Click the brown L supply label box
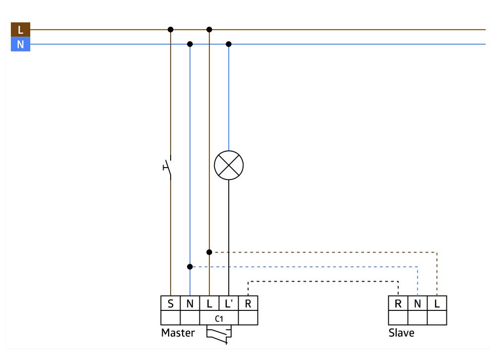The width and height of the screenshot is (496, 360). pos(20,30)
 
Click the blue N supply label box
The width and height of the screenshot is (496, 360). pos(20,45)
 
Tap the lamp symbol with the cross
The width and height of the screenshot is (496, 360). pos(229,166)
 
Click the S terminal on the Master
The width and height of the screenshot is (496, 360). pos(170,303)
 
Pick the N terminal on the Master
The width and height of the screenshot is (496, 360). pos(189,303)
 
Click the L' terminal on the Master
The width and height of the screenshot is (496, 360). pos(229,303)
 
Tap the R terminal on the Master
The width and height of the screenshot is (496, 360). pos(248,303)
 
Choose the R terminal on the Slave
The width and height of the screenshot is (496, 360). pos(398,303)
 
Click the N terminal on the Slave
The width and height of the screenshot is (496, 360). pos(417,303)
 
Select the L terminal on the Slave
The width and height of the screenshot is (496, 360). pos(436,303)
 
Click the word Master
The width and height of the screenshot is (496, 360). pos(178,333)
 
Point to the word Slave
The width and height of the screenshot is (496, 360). pos(401,333)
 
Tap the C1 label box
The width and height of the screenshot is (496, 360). pos(219,318)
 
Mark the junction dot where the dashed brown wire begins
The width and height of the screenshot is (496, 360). pos(209,252)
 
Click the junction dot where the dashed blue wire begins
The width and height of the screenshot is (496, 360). pos(189,267)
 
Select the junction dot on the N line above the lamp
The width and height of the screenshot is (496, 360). pos(229,44)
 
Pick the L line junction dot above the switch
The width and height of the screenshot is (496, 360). pos(171,29)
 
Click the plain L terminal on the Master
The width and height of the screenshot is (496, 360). pos(209,303)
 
